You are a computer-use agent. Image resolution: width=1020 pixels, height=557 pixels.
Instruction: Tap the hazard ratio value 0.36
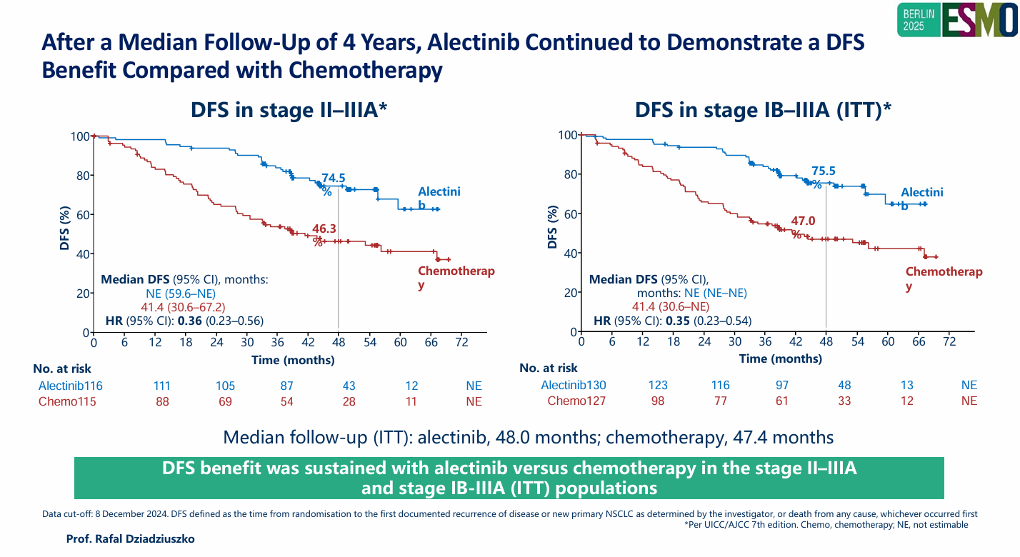tap(190, 321)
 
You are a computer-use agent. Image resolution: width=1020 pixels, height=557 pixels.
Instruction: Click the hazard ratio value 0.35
tap(677, 321)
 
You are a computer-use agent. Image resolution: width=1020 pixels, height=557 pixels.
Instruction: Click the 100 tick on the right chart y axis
tap(566, 135)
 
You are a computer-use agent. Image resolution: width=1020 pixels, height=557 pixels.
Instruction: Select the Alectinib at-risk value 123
tap(659, 385)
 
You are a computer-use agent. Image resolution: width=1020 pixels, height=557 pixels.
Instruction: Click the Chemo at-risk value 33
tap(844, 401)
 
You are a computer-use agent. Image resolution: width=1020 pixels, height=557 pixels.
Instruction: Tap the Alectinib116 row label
tap(71, 386)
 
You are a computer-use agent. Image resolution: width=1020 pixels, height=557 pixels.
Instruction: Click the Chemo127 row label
tap(576, 401)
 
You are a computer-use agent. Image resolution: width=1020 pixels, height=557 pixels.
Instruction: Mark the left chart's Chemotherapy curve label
tap(456, 278)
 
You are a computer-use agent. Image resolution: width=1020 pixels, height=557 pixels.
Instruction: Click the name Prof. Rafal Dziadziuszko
tap(130, 539)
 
